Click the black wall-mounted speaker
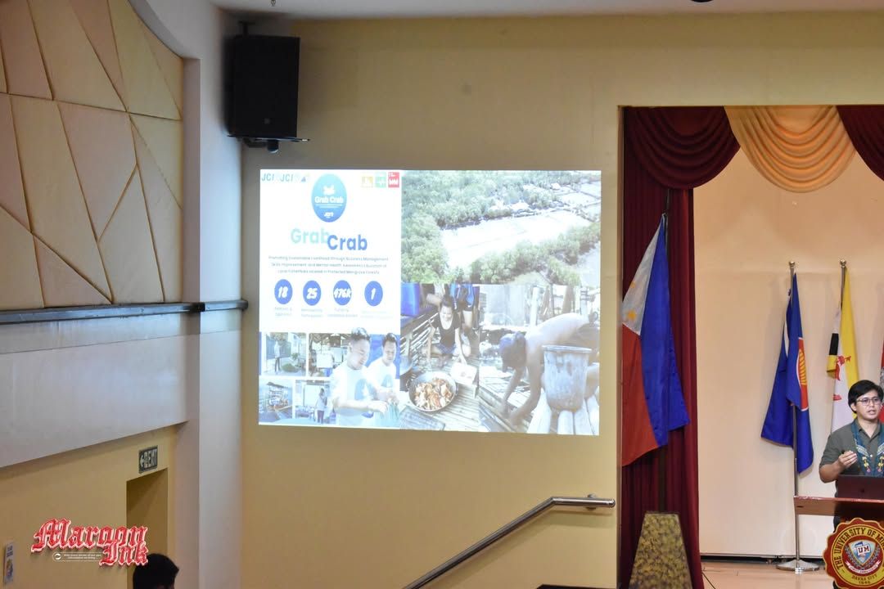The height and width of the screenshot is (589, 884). (262, 86)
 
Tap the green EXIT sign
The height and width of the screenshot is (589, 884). (148, 459)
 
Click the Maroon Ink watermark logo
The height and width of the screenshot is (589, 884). (89, 542)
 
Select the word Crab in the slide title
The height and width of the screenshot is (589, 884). (347, 242)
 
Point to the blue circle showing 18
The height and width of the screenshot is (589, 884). (283, 290)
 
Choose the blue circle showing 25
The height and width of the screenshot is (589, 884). (312, 291)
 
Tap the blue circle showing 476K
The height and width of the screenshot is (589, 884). (342, 292)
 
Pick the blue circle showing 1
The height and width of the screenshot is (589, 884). (373, 292)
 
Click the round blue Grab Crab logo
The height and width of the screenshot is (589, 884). (329, 197)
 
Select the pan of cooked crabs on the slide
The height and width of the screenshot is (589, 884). (432, 392)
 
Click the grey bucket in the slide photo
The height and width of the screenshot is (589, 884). (566, 377)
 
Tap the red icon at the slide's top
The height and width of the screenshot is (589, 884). (394, 180)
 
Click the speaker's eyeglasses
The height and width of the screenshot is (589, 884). (868, 401)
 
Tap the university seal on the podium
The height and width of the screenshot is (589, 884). (856, 553)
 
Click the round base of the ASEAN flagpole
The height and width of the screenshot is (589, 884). (797, 564)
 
